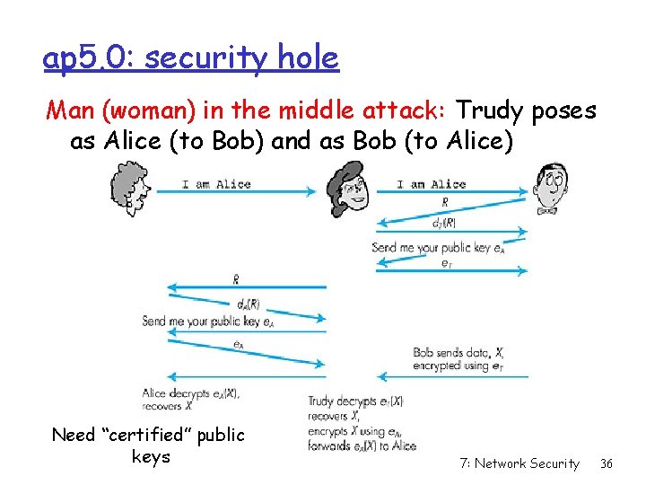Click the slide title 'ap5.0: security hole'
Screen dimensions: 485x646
190,57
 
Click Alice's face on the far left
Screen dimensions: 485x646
129,190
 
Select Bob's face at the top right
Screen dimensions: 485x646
549,189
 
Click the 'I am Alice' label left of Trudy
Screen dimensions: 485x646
216,184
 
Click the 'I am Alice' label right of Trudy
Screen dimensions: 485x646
432,184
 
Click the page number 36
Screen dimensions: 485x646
607,463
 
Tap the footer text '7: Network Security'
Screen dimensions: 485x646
519,463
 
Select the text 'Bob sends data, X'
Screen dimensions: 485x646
458,353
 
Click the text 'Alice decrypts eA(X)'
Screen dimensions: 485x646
190,392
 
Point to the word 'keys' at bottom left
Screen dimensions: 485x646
148,457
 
